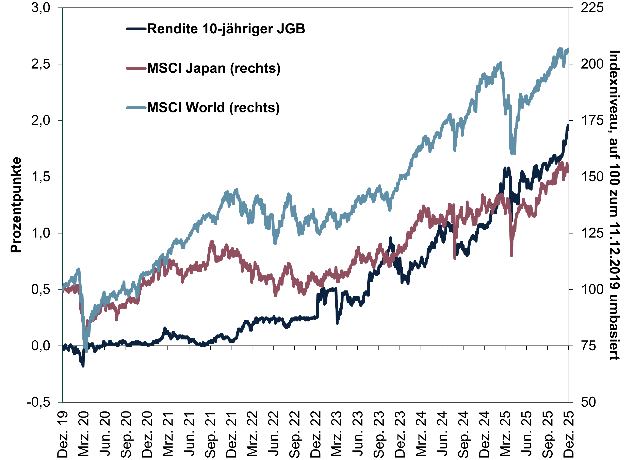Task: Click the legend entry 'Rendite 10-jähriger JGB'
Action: pyautogui.click(x=226, y=29)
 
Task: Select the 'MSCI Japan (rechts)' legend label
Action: pyautogui.click(x=214, y=68)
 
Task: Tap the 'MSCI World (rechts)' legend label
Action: pyautogui.click(x=213, y=108)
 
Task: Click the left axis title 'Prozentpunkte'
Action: pyautogui.click(x=16, y=205)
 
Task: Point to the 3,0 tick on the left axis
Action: pyautogui.click(x=41, y=8)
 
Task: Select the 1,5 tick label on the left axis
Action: pyautogui.click(x=41, y=177)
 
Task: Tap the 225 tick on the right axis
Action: pyautogui.click(x=592, y=8)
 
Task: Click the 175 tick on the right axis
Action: pyautogui.click(x=592, y=121)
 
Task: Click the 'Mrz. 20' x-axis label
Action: pyautogui.click(x=84, y=435)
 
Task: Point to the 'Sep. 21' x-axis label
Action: pyautogui.click(x=210, y=435)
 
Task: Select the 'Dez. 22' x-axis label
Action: pyautogui.click(x=316, y=435)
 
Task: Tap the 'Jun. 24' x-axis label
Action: pyautogui.click(x=442, y=435)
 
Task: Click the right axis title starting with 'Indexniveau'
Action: pyautogui.click(x=615, y=205)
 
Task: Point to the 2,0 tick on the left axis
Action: pyautogui.click(x=41, y=121)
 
